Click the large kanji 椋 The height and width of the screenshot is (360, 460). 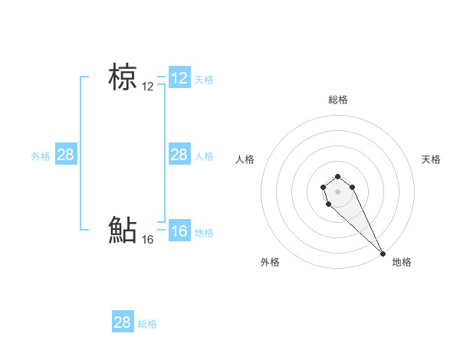point(123,77)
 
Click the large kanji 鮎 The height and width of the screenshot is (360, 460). point(123,230)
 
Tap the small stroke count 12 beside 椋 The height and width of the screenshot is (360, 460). point(148,87)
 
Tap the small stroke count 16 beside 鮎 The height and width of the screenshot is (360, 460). point(148,240)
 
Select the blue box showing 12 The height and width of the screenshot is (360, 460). point(179,77)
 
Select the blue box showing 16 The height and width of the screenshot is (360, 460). point(179,231)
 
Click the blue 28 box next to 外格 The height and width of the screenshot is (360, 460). point(66,155)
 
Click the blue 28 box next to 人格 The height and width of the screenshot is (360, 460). point(179,155)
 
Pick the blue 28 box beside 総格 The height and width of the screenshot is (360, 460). point(123,322)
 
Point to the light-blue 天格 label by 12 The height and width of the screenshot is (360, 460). point(204,79)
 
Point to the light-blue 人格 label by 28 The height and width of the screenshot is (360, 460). point(204,156)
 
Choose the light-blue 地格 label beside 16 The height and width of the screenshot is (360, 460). point(204,233)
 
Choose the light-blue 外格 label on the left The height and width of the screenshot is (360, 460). point(41,156)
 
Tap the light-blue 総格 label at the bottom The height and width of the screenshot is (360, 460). point(147,324)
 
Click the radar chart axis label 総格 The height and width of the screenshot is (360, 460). point(338,100)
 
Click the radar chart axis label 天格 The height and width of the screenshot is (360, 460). point(431,159)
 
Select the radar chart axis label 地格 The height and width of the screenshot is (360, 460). point(402,262)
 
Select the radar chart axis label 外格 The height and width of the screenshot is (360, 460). point(270,262)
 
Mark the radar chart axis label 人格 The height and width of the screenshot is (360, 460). point(245,159)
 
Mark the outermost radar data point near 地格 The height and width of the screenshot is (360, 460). point(383,253)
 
